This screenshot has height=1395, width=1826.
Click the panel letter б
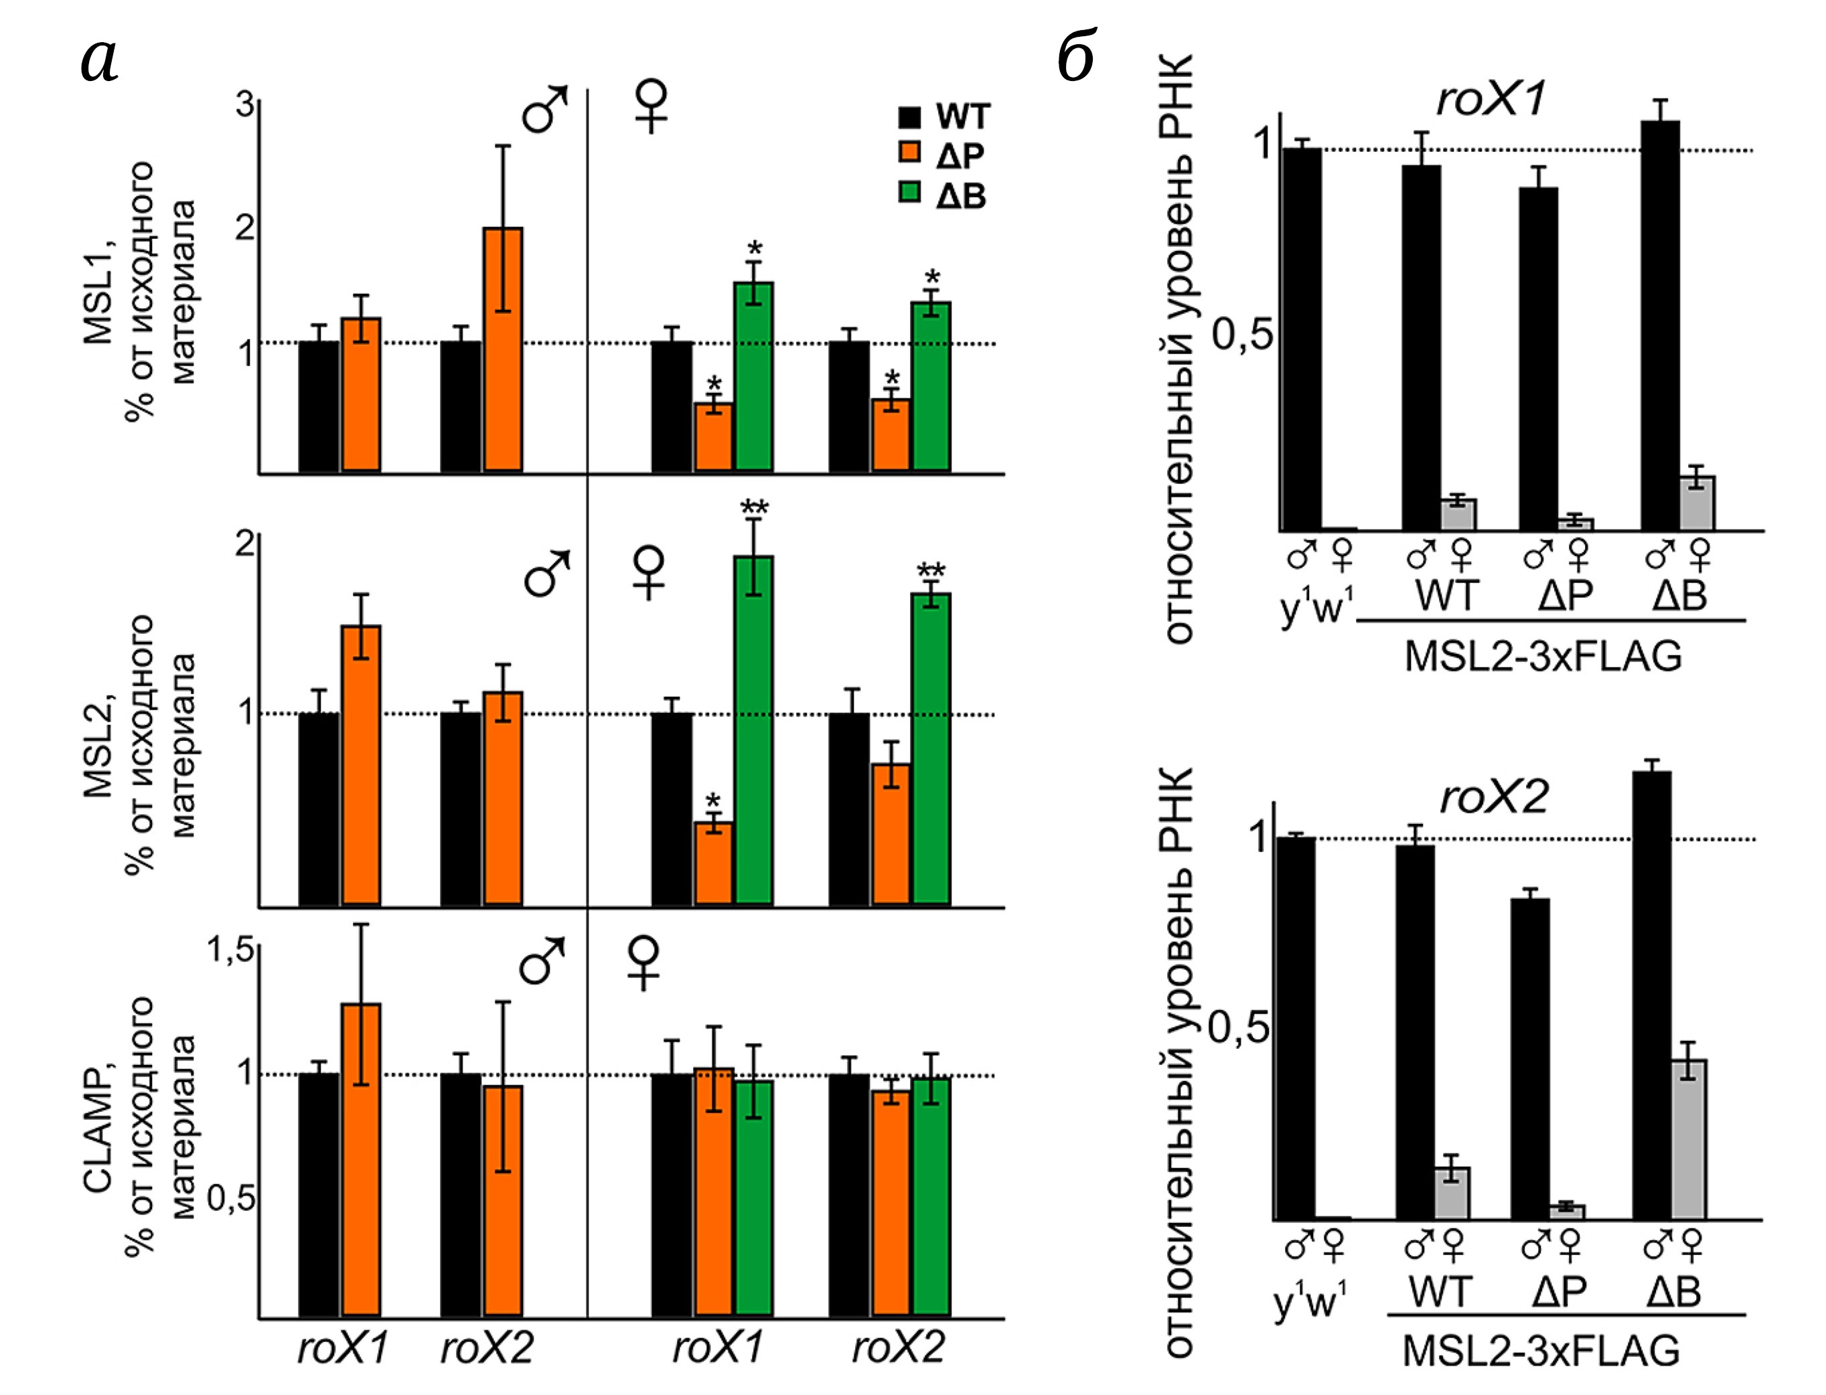[x=1077, y=56]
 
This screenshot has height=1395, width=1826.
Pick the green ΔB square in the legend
[x=910, y=193]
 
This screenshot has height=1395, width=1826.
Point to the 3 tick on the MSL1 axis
[x=245, y=106]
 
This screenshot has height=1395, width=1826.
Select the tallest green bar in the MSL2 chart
[x=753, y=731]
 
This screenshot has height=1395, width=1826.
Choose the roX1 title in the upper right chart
[x=1491, y=100]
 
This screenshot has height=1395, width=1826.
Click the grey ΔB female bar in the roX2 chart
[x=1688, y=1139]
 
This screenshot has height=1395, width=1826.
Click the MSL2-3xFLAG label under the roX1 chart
[x=1543, y=657]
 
